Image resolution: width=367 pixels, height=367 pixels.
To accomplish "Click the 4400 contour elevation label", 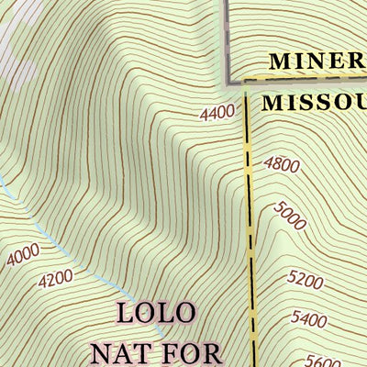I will (217, 114).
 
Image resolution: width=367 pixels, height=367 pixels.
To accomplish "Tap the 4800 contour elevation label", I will (281, 165).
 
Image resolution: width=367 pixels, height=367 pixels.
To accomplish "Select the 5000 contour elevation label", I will (289, 217).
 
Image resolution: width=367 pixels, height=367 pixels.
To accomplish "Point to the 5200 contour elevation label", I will (306, 279).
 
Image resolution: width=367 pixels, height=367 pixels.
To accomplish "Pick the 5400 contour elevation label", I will (308, 319).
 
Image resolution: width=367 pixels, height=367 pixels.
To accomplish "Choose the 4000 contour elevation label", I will (22, 254).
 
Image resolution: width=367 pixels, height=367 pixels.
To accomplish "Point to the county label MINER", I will (317, 62).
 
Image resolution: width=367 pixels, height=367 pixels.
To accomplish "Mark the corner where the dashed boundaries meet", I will (246, 82).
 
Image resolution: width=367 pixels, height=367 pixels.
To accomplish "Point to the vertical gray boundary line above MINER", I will (226, 37).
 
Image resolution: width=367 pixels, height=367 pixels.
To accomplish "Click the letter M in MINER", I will (281, 62).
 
